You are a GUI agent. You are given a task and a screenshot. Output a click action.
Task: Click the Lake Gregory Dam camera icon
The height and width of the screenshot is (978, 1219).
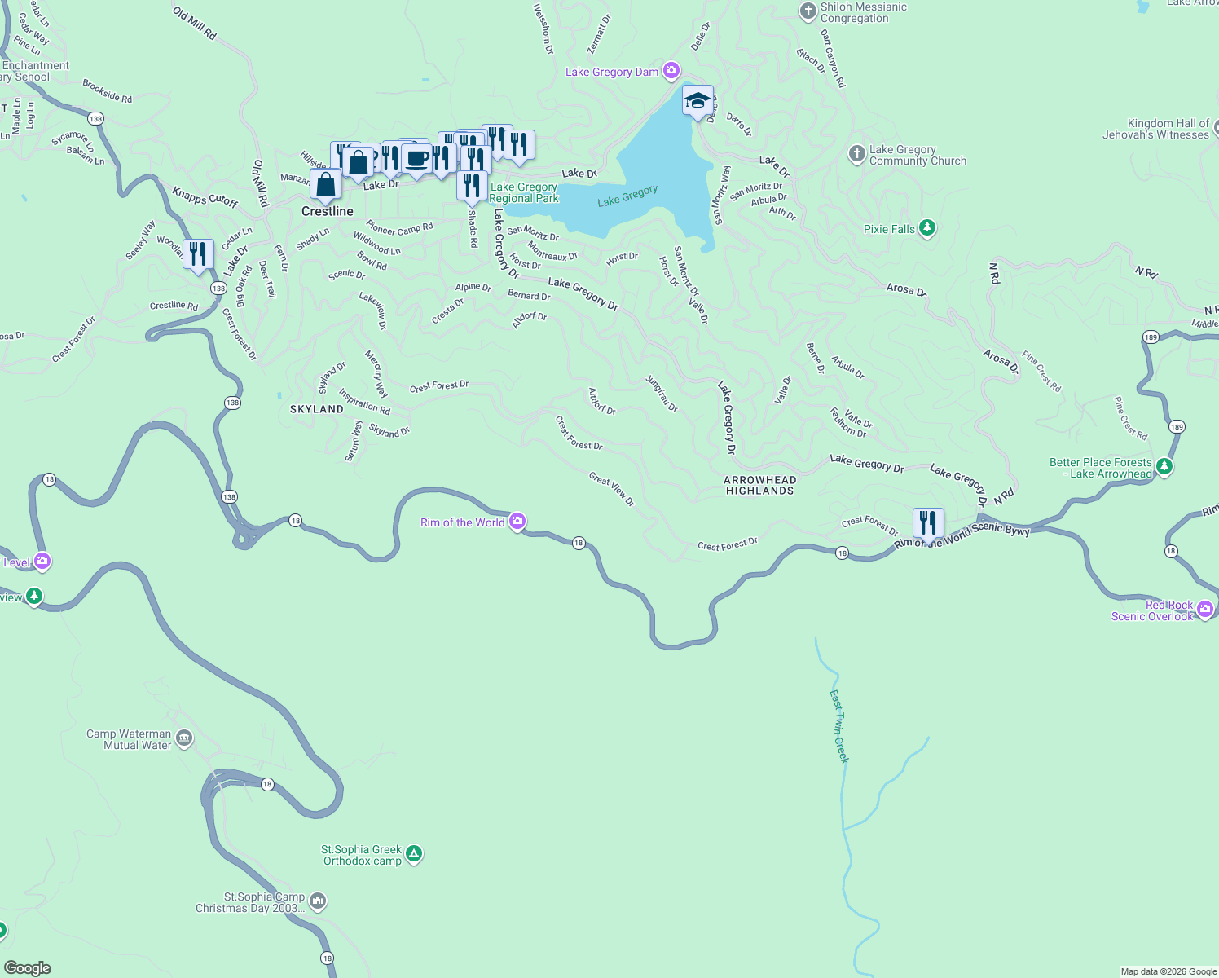(x=671, y=71)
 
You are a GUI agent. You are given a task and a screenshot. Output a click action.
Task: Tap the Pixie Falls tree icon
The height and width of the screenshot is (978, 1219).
(x=926, y=228)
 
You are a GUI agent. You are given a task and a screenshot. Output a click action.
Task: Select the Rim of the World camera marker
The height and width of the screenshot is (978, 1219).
(x=517, y=522)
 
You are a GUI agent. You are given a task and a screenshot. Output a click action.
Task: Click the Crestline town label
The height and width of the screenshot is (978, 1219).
(x=328, y=211)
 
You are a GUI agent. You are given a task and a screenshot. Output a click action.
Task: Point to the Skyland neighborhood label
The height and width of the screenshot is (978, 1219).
(x=317, y=409)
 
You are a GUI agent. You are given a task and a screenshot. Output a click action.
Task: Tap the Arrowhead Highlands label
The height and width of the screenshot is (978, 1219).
(x=759, y=485)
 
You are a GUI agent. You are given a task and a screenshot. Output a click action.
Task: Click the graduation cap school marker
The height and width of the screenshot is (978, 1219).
(x=698, y=101)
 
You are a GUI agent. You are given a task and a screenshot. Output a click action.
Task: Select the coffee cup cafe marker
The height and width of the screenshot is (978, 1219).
(x=416, y=159)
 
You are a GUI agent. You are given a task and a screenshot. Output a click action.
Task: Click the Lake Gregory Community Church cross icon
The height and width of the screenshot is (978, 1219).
(x=856, y=154)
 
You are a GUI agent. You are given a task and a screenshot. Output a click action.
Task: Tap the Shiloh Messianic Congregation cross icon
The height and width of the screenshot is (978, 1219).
(x=808, y=11)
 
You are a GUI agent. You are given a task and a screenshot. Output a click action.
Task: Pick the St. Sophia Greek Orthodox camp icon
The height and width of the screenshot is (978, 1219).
(x=414, y=854)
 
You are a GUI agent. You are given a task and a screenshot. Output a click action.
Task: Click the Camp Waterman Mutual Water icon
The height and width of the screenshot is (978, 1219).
(x=184, y=738)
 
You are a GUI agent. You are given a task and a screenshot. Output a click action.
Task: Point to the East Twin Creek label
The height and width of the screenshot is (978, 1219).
(x=839, y=726)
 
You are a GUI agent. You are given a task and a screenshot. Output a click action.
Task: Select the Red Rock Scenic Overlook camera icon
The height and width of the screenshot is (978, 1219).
(x=1205, y=610)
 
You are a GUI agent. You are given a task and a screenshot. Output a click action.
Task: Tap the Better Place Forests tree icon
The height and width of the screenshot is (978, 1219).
(x=1164, y=466)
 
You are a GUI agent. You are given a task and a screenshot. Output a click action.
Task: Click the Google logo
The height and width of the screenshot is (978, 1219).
(x=27, y=968)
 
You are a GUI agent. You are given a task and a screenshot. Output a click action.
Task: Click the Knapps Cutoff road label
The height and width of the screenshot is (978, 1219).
(x=205, y=197)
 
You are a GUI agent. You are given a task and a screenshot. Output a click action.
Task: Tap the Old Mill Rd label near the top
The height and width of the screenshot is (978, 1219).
(x=195, y=24)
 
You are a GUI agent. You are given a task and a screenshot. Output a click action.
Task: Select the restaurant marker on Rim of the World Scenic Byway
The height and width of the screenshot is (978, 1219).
(x=928, y=523)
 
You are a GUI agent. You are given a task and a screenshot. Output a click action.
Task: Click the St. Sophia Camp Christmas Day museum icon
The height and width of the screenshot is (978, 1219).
(x=318, y=901)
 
